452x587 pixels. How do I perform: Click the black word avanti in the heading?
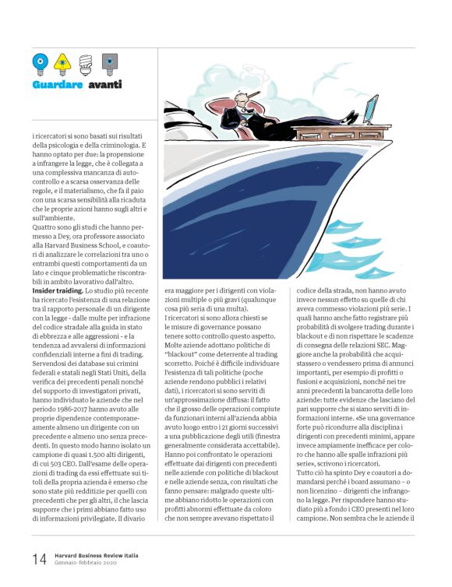click(104, 84)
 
